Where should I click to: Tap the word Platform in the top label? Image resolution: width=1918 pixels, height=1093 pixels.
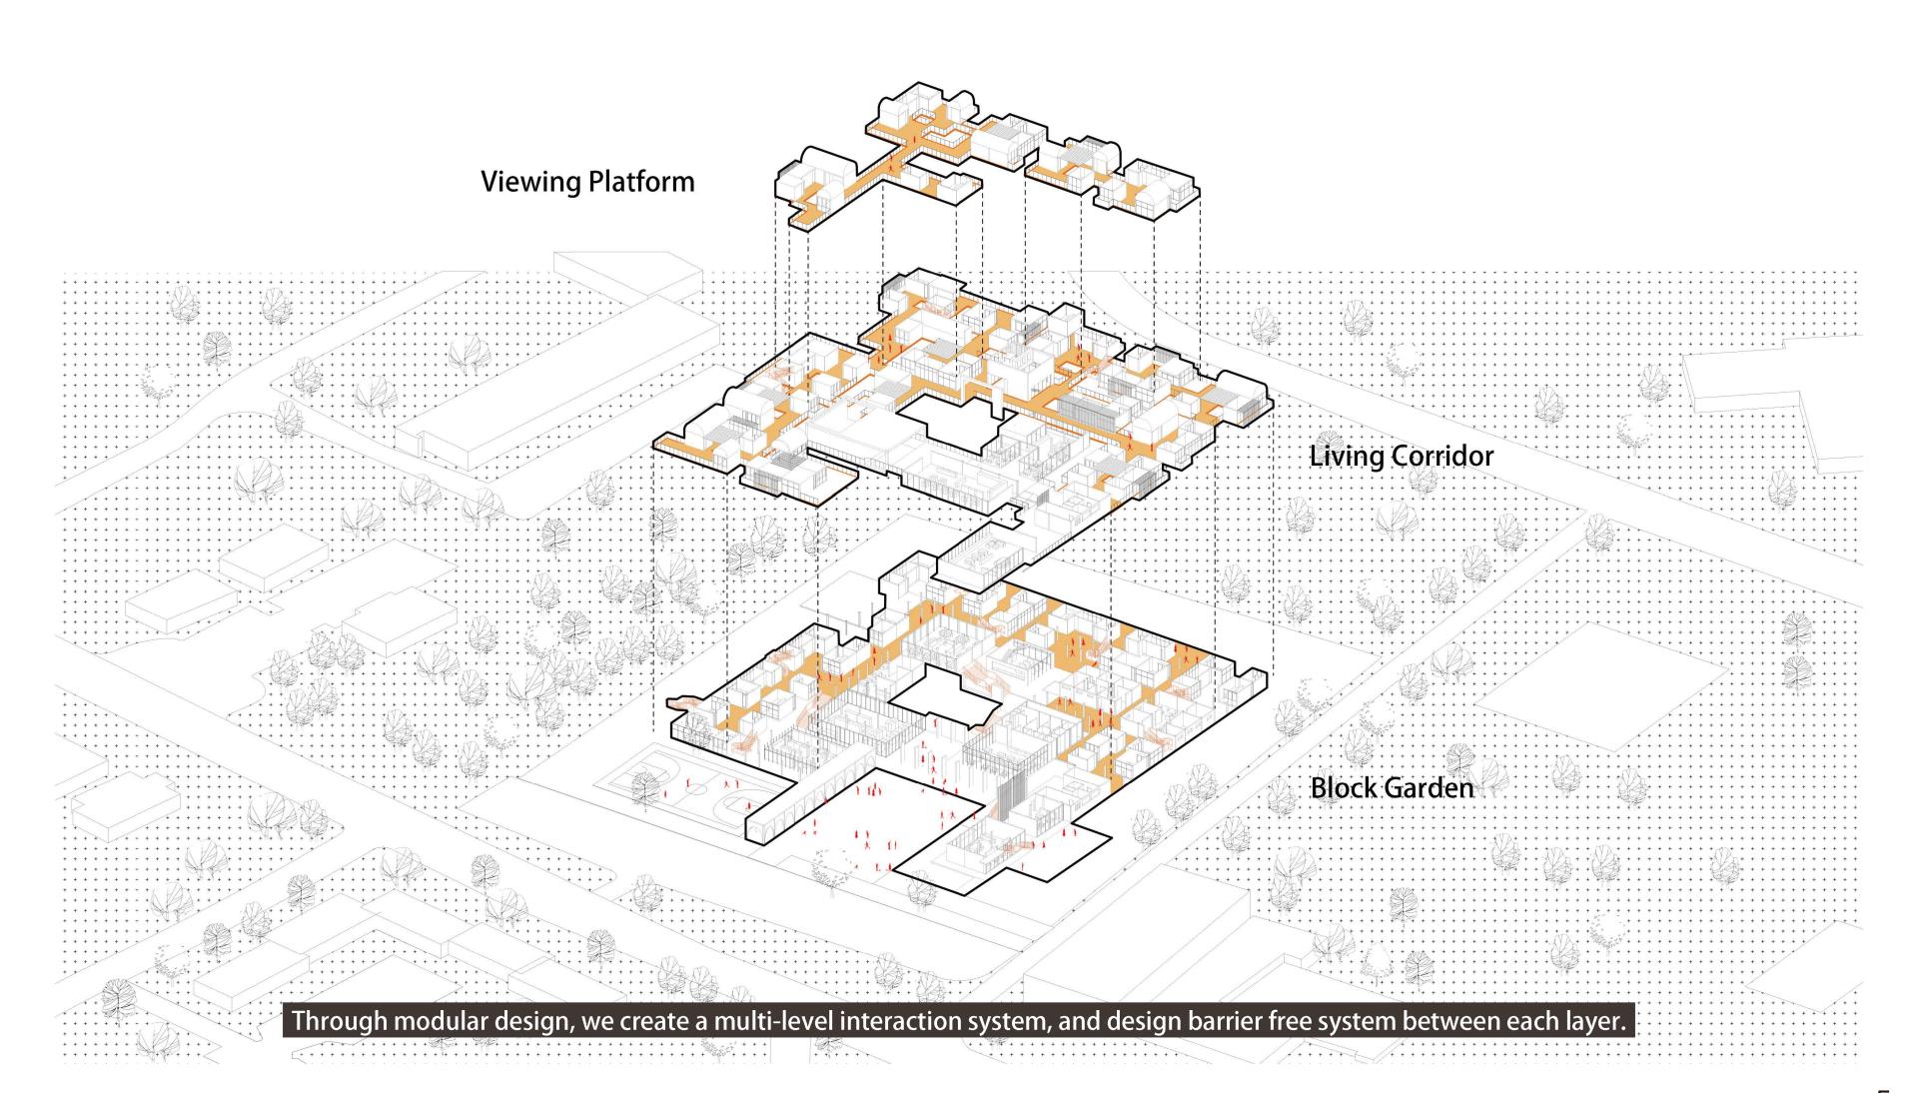tap(641, 182)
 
